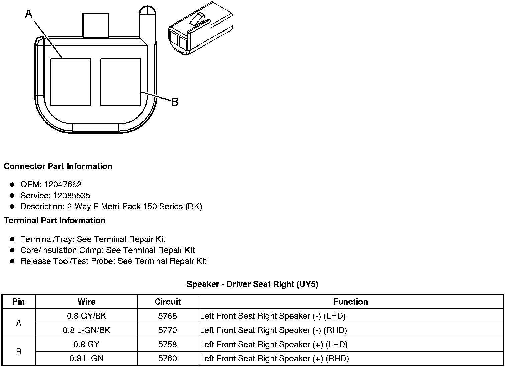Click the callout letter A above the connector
tap(29, 14)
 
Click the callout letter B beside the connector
tap(175, 102)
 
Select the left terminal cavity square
tap(71, 82)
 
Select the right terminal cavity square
tap(121, 82)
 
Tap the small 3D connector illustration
tap(200, 29)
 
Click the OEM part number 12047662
tap(63, 184)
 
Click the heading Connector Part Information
tap(58, 166)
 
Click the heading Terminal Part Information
tap(54, 221)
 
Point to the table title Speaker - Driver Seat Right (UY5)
tap(252, 284)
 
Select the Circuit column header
tap(167, 302)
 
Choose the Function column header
tap(350, 302)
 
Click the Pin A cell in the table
tap(19, 323)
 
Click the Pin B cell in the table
tap(19, 351)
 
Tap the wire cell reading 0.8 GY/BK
tap(87, 316)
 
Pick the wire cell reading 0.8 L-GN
tap(87, 359)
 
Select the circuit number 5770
tap(167, 330)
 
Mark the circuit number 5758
tap(167, 345)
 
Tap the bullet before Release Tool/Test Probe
tap(12, 261)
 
